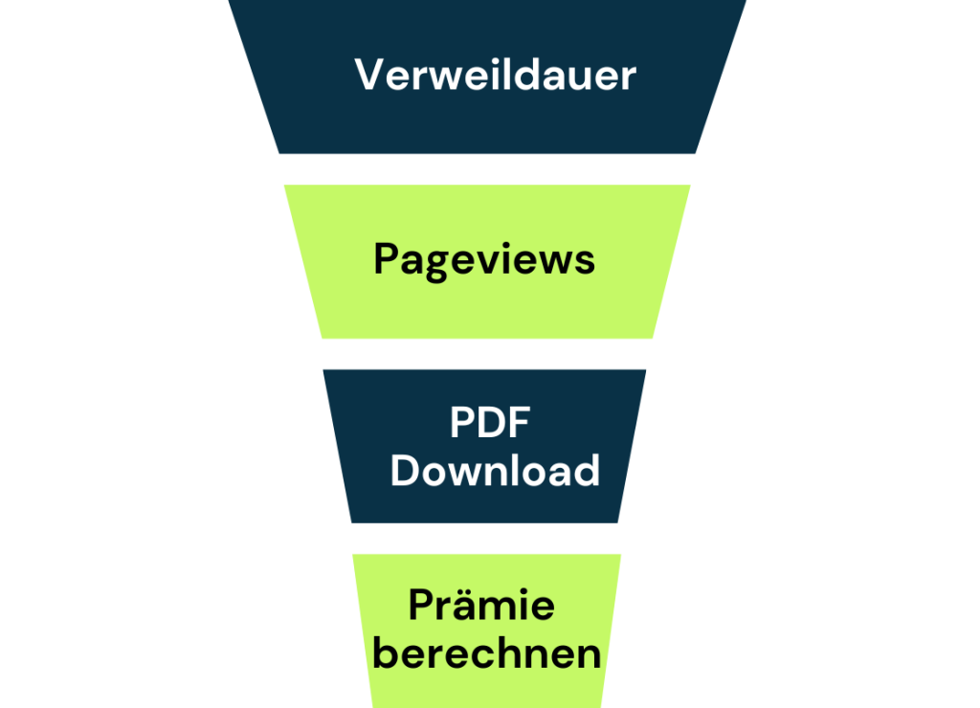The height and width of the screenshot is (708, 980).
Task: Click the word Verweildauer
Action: tap(495, 75)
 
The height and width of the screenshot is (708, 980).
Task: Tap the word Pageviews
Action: tap(483, 259)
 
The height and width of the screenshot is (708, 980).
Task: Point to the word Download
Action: tap(495, 470)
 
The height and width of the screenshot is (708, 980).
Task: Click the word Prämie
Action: tap(481, 606)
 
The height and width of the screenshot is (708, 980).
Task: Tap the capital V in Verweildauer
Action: tap(367, 75)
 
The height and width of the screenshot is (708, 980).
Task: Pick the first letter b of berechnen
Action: tap(385, 653)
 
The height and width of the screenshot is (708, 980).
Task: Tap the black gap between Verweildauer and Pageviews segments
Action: tap(487, 169)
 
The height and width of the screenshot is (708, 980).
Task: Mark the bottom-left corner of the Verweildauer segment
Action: tap(279, 153)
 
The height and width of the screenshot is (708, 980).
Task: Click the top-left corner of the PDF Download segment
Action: tap(323, 370)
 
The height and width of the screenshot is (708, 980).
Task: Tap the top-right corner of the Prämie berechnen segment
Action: tap(621, 555)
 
